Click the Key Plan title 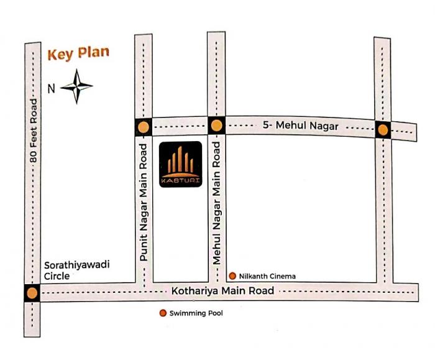coord(78,53)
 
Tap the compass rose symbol coord(77,87)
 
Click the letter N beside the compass coord(52,88)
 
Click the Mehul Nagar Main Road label coord(217,203)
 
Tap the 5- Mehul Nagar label coord(300,126)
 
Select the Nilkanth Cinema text coord(267,276)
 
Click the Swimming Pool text coord(196,313)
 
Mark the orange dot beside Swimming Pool coord(163,313)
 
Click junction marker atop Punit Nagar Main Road coord(144,127)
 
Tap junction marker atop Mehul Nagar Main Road coord(216,126)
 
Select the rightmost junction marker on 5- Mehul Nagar coord(383,130)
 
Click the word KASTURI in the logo coord(181,180)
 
